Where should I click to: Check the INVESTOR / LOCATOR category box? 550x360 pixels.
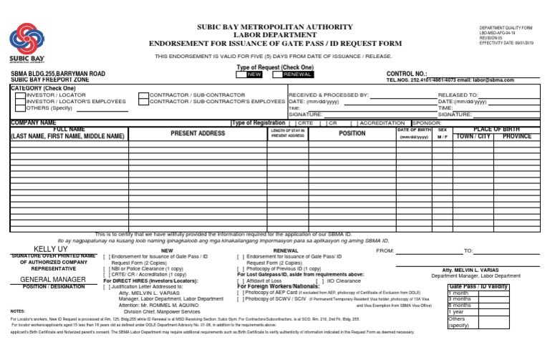(19, 94)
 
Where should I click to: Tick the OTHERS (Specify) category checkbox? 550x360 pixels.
(19, 108)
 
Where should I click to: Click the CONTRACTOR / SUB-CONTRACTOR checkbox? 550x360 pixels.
(143, 94)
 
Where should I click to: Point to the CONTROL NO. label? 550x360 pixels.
(406, 74)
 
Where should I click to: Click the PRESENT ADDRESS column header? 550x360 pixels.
(198, 133)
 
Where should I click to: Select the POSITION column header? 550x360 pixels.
(352, 133)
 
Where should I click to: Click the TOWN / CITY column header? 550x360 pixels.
(473, 136)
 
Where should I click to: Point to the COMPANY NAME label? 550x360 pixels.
(33, 122)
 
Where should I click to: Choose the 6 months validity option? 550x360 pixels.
(460, 304)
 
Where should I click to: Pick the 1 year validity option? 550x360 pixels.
(456, 311)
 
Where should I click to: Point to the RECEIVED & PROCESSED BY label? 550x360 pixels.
(328, 94)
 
